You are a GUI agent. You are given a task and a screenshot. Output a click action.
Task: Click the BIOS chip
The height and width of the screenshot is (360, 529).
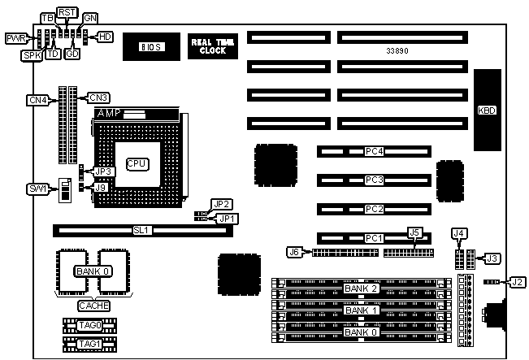(x=149, y=48)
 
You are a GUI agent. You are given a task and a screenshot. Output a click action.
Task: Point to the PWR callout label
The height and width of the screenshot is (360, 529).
(x=15, y=38)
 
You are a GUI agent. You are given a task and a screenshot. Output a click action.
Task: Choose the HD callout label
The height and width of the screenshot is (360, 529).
(x=106, y=37)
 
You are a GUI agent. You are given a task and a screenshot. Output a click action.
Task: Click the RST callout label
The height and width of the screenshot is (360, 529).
(x=67, y=13)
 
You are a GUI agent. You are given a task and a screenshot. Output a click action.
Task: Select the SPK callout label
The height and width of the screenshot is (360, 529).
(x=32, y=54)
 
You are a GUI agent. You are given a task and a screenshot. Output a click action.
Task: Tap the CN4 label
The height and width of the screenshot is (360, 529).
(x=37, y=100)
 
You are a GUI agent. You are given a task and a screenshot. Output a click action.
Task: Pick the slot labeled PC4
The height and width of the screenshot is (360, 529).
(x=374, y=151)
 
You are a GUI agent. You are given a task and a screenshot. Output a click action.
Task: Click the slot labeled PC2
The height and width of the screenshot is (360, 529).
(x=374, y=209)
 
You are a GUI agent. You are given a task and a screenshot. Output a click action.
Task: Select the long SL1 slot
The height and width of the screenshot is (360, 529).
(x=143, y=230)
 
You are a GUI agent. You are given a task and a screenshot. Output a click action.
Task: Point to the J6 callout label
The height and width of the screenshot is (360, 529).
(x=294, y=252)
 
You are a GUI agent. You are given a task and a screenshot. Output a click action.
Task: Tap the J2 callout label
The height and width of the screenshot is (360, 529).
(x=518, y=283)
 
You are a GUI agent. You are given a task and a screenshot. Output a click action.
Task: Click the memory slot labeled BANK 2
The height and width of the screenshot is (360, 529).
(x=362, y=288)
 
